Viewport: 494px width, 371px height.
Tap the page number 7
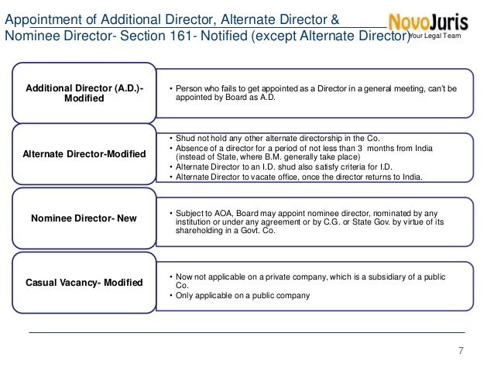(461, 352)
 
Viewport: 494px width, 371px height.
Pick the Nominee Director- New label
(83, 218)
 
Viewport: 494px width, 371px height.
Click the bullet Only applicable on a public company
(242, 295)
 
